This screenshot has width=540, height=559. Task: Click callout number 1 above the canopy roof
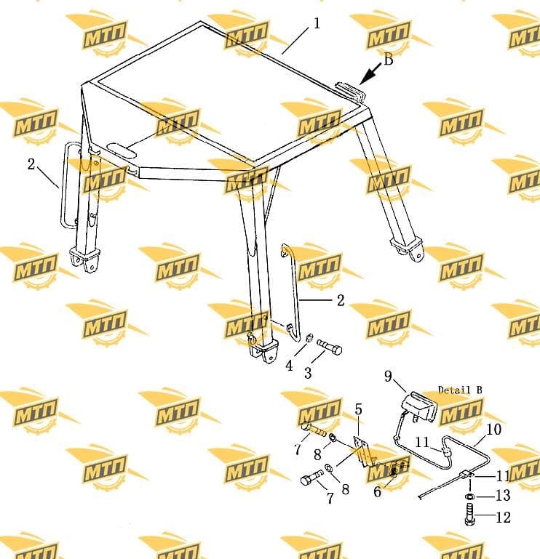coord(317,23)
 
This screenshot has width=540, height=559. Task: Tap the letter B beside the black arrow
coord(389,60)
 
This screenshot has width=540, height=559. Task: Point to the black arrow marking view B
coord(370,74)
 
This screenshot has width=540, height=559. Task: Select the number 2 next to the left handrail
coord(31,164)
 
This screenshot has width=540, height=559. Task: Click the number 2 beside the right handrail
coord(341,300)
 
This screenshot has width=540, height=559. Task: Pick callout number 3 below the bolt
coord(308,373)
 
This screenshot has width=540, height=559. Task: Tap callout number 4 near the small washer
coord(289,366)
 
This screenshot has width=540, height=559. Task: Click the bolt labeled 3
coord(329,347)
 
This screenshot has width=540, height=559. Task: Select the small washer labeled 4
coord(310,337)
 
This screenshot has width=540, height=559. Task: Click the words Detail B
coord(460,390)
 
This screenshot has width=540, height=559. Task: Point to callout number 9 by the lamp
coord(388,376)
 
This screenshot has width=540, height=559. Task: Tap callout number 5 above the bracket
coord(359,409)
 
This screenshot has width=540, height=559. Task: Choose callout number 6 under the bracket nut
coord(377,491)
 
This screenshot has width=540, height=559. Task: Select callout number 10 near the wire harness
coord(493,429)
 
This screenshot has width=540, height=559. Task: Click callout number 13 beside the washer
coord(503,496)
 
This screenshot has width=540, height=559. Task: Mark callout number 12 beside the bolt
coord(503,518)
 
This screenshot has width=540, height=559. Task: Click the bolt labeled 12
coord(469,514)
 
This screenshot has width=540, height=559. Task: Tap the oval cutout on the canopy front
coord(122,150)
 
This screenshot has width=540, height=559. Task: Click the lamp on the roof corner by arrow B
coord(350,91)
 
